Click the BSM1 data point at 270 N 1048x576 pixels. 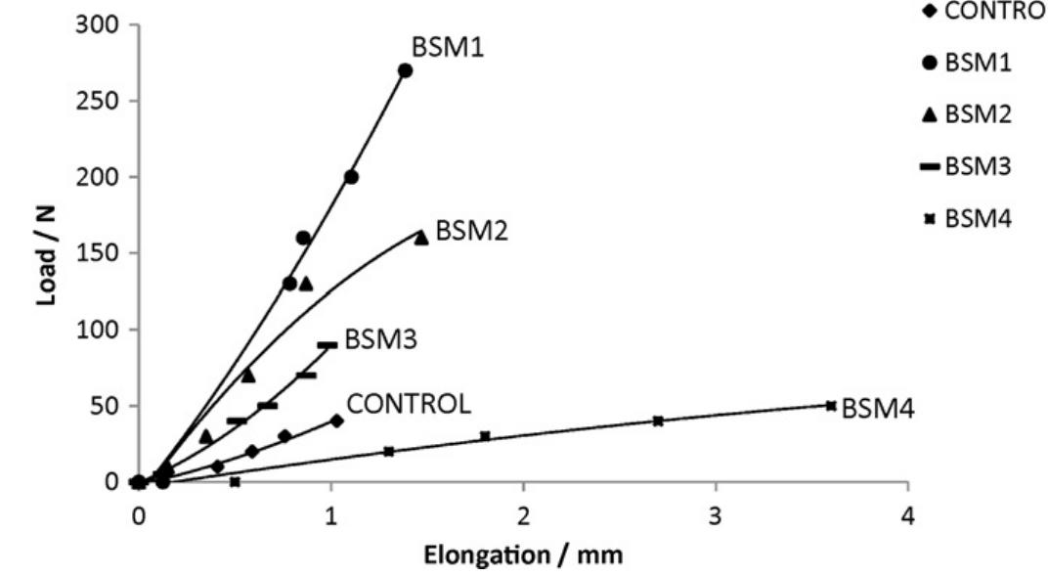(405, 70)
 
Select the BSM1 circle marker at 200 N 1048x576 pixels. (351, 177)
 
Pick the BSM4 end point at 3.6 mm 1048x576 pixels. (831, 405)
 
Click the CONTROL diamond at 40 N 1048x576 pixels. (337, 421)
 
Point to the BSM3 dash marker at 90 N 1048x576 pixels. (327, 344)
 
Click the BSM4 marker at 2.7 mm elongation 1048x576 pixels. (658, 421)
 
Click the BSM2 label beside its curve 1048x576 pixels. (473, 231)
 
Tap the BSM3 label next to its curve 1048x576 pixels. (381, 340)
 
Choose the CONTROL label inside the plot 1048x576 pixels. (410, 404)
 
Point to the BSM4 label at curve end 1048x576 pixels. (878, 408)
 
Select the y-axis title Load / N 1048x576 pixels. (46, 253)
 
